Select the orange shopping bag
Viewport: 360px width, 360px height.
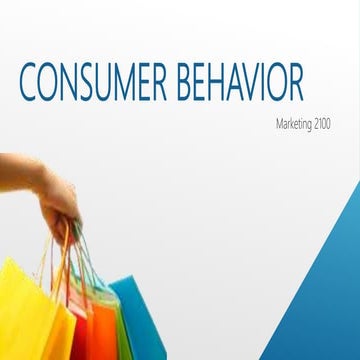(x=85, y=320)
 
